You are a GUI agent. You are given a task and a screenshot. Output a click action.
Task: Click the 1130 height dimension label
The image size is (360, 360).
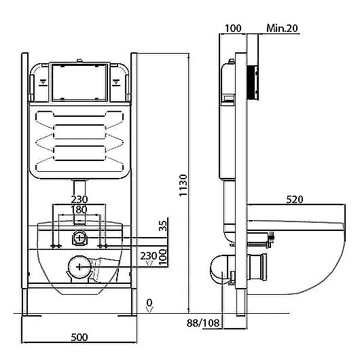pos(183,185)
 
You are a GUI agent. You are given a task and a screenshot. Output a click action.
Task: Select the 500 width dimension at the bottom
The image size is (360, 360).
pos(79,338)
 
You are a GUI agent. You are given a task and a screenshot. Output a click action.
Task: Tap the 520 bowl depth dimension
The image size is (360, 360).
pos(295,200)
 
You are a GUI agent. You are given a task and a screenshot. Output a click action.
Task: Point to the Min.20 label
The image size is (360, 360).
pos(282,29)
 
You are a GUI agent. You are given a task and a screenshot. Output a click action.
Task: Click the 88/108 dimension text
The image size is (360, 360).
pos(203,323)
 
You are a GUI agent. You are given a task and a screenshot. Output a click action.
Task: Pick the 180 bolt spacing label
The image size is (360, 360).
pos(79,210)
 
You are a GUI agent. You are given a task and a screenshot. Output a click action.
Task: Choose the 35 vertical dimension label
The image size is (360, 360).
pos(163,226)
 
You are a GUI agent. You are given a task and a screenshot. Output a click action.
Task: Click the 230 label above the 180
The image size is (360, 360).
pos(79,199)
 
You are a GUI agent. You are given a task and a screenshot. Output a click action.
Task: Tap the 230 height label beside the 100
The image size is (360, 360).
pos(149,256)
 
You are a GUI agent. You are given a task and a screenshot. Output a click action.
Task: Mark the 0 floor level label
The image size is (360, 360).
pos(149,303)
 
